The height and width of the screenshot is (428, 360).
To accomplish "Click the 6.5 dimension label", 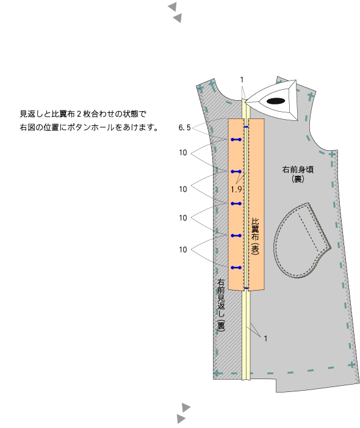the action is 184,128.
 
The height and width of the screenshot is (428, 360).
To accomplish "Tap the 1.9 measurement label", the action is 236,189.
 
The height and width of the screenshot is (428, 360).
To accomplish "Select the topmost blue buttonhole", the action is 236,139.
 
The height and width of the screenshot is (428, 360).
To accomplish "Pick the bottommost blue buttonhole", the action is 236,267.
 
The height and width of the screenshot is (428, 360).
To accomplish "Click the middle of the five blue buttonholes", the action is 236,204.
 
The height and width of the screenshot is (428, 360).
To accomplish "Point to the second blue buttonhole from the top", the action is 236,172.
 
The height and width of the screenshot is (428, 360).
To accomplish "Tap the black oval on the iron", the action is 276,101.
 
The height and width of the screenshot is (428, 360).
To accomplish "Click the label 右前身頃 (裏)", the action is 298,174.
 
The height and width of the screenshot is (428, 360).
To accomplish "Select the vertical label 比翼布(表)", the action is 255,236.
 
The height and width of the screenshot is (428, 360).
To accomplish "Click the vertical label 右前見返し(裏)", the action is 221,305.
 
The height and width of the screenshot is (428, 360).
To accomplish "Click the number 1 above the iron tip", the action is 242,80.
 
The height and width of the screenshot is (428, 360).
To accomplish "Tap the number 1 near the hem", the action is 265,338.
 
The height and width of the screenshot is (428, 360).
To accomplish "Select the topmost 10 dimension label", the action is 183,153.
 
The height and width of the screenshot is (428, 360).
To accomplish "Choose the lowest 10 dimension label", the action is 183,250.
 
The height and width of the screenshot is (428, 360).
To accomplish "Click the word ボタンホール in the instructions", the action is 91,127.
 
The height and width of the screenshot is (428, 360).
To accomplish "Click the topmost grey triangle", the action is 172,7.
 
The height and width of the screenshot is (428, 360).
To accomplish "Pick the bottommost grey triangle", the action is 181,418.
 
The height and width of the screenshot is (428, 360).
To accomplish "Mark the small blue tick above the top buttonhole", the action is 246,127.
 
